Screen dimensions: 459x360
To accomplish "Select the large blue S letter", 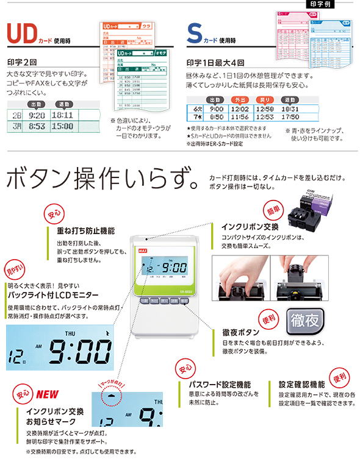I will pos(194,35).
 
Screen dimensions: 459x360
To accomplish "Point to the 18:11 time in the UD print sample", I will pos(62,115).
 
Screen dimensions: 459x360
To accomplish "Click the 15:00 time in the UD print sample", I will pos(62,126).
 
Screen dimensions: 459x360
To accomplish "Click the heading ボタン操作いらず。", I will pos(101,180).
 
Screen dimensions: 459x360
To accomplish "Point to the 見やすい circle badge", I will pos(15,268).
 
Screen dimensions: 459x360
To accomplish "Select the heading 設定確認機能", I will pos(301,385).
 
